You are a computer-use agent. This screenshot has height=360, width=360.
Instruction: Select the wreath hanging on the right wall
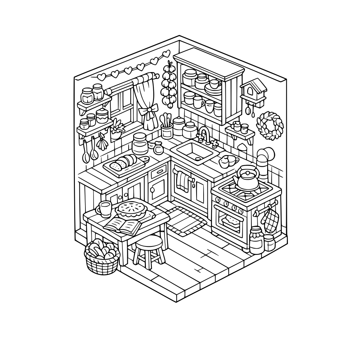coord(270,126)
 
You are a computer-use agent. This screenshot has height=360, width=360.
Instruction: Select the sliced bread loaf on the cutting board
coord(123,163)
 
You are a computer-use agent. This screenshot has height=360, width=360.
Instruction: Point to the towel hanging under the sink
coord(182,180)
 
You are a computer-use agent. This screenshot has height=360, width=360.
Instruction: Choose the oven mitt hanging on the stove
coord(271,220)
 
